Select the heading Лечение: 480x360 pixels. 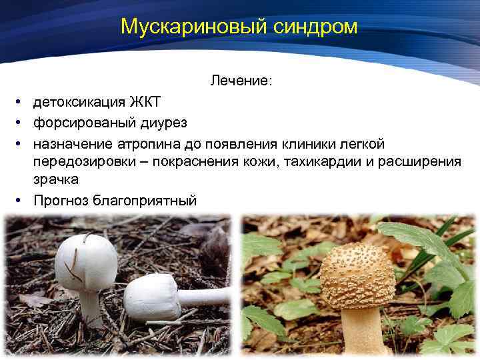241,81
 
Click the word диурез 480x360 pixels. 163,123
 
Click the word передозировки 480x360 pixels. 83,163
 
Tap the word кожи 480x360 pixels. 255,163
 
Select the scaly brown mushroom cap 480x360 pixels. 357,274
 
